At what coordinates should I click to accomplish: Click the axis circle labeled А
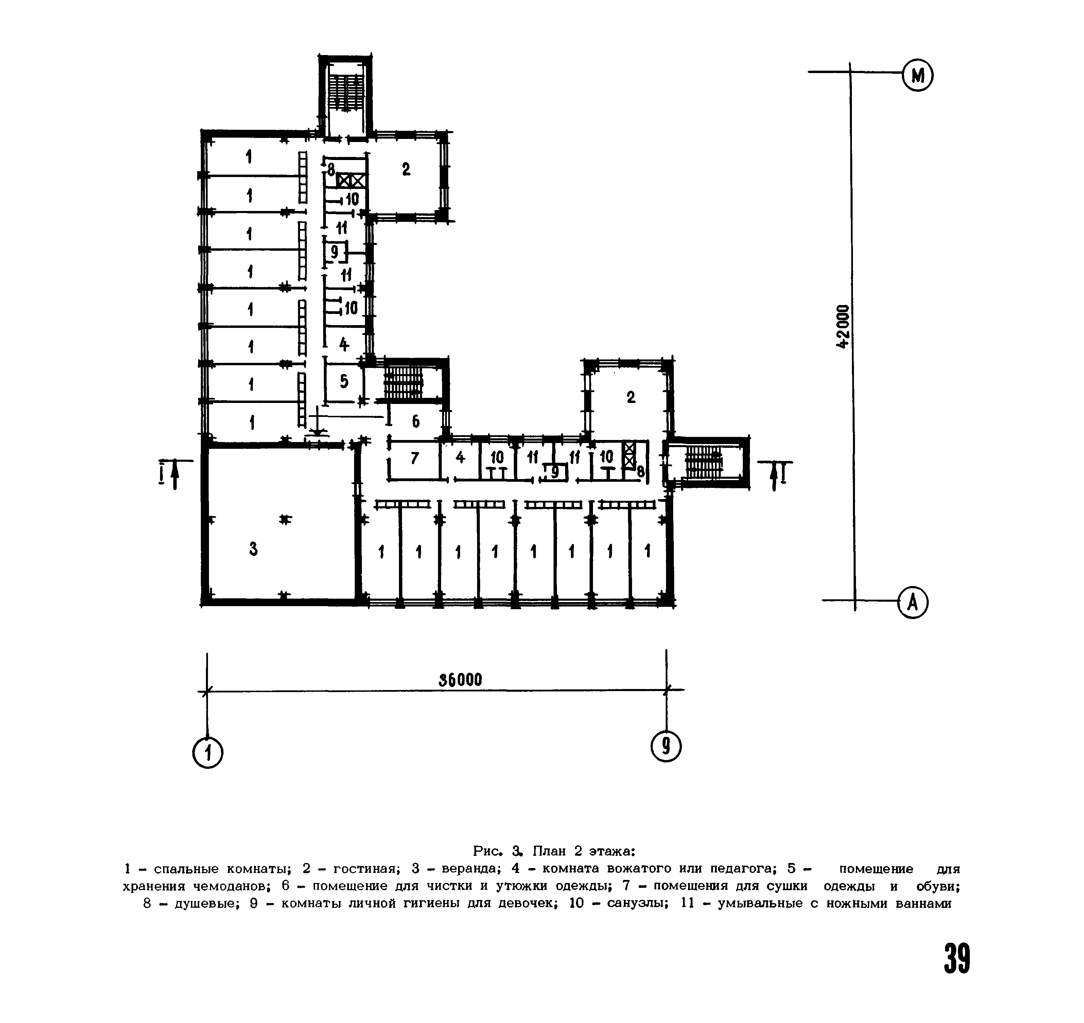(913, 603)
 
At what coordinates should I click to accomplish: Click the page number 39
(957, 959)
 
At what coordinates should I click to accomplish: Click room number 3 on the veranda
(253, 549)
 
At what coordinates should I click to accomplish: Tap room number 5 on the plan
(344, 381)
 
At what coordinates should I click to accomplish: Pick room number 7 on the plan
(415, 459)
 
